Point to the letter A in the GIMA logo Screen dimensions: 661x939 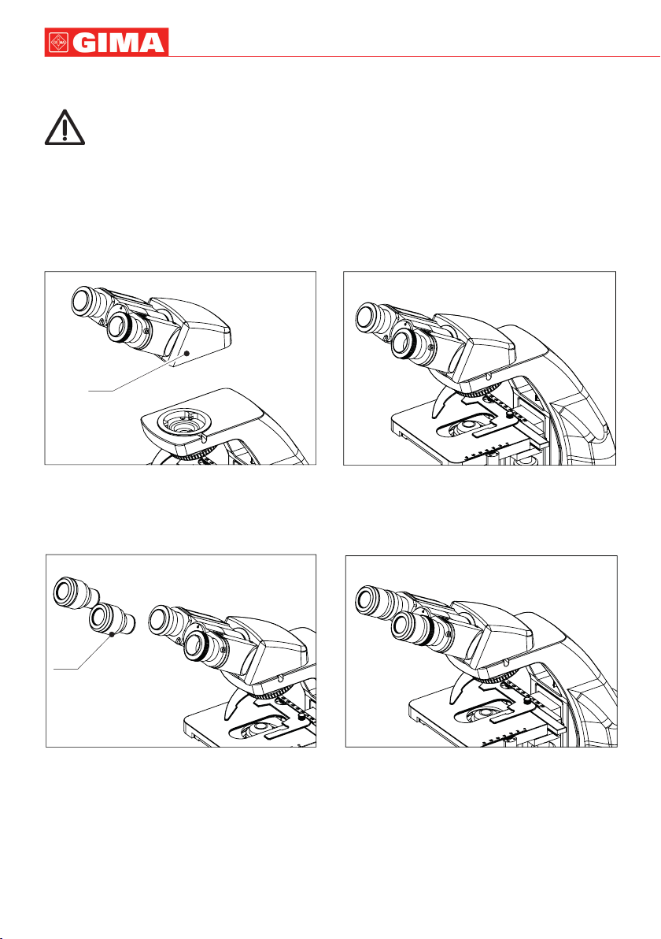(153, 43)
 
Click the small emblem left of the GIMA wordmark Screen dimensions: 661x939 (59, 43)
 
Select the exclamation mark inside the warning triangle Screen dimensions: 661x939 (65, 128)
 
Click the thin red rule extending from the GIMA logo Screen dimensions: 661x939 (414, 56)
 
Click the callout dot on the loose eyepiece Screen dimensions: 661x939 (112, 634)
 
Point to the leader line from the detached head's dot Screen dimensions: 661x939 (137, 373)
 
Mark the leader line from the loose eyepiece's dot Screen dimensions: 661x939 (83, 651)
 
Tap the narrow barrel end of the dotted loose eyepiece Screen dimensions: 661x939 (134, 624)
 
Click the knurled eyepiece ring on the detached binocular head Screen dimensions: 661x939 (124, 329)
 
